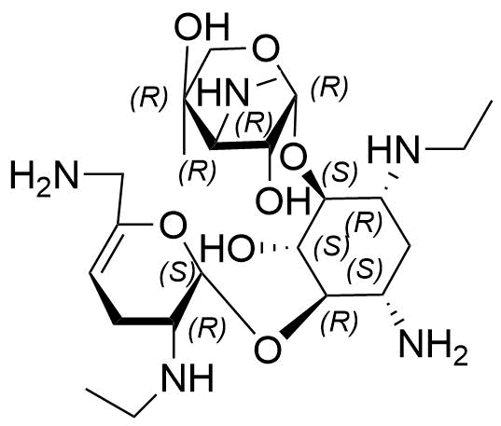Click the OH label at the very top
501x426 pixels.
pyautogui.click(x=203, y=26)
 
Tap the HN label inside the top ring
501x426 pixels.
pyautogui.click(x=223, y=92)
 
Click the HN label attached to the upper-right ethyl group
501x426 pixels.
pyautogui.click(x=393, y=149)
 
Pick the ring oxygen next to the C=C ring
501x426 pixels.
pyautogui.click(x=173, y=226)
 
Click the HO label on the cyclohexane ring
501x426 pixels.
pyautogui.click(x=228, y=248)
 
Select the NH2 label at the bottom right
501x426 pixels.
pyautogui.click(x=433, y=346)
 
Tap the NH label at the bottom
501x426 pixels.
pyautogui.click(x=188, y=378)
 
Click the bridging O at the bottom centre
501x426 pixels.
pyautogui.click(x=268, y=348)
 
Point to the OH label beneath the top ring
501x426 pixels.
pyautogui.click(x=284, y=200)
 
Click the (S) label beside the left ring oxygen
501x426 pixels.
pyautogui.click(x=177, y=273)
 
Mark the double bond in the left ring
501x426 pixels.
pyautogui.click(x=104, y=249)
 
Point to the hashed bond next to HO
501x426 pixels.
pyautogui.click(x=278, y=247)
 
